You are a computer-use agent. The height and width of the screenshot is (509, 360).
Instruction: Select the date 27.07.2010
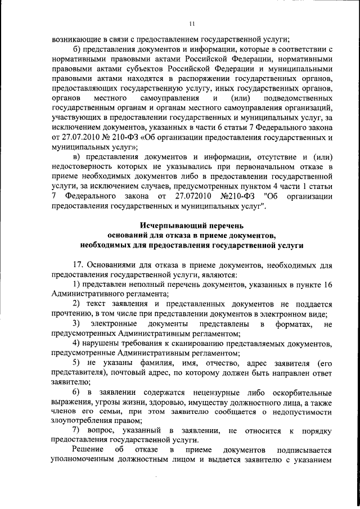71,137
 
